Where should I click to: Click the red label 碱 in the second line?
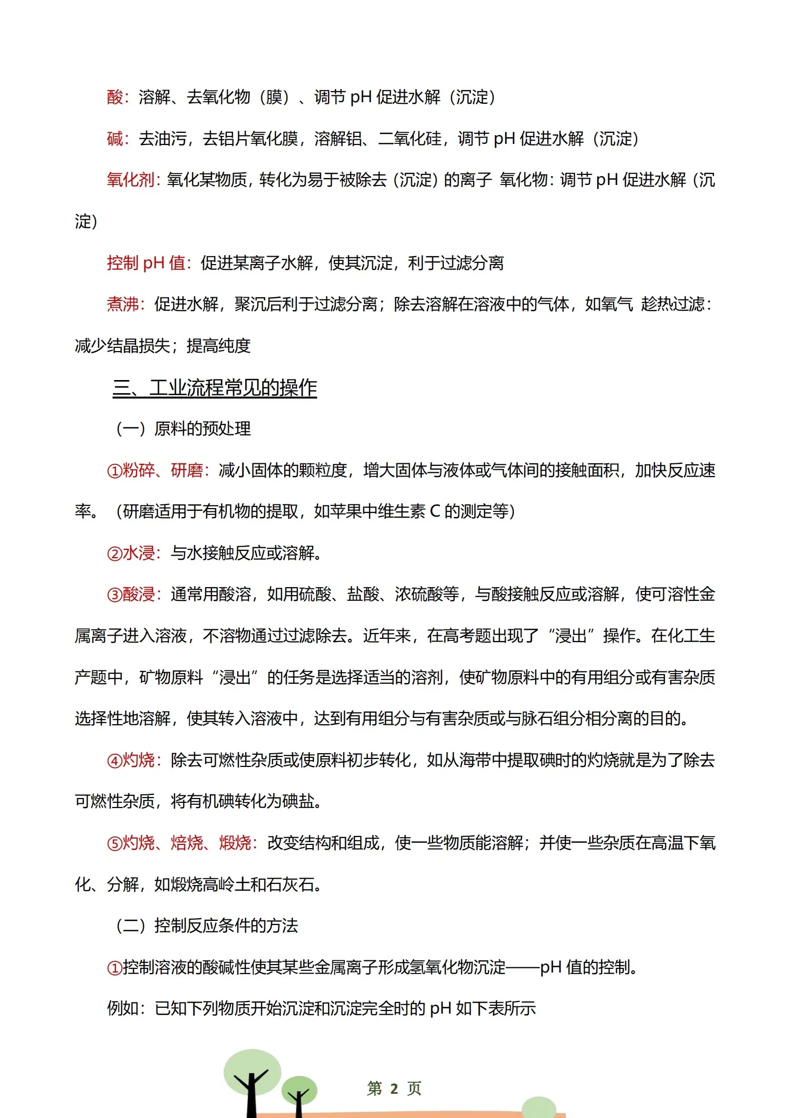coord(114,139)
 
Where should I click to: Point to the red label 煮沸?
coord(122,304)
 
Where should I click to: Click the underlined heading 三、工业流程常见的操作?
coord(215,388)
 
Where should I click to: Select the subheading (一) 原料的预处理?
coord(183,429)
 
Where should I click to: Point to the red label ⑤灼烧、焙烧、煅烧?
coord(179,843)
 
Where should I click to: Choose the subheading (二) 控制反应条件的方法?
coord(207,926)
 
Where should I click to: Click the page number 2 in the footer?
coord(394,1088)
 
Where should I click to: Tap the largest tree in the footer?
coord(252,1081)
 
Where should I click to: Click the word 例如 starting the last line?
coord(122,1008)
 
